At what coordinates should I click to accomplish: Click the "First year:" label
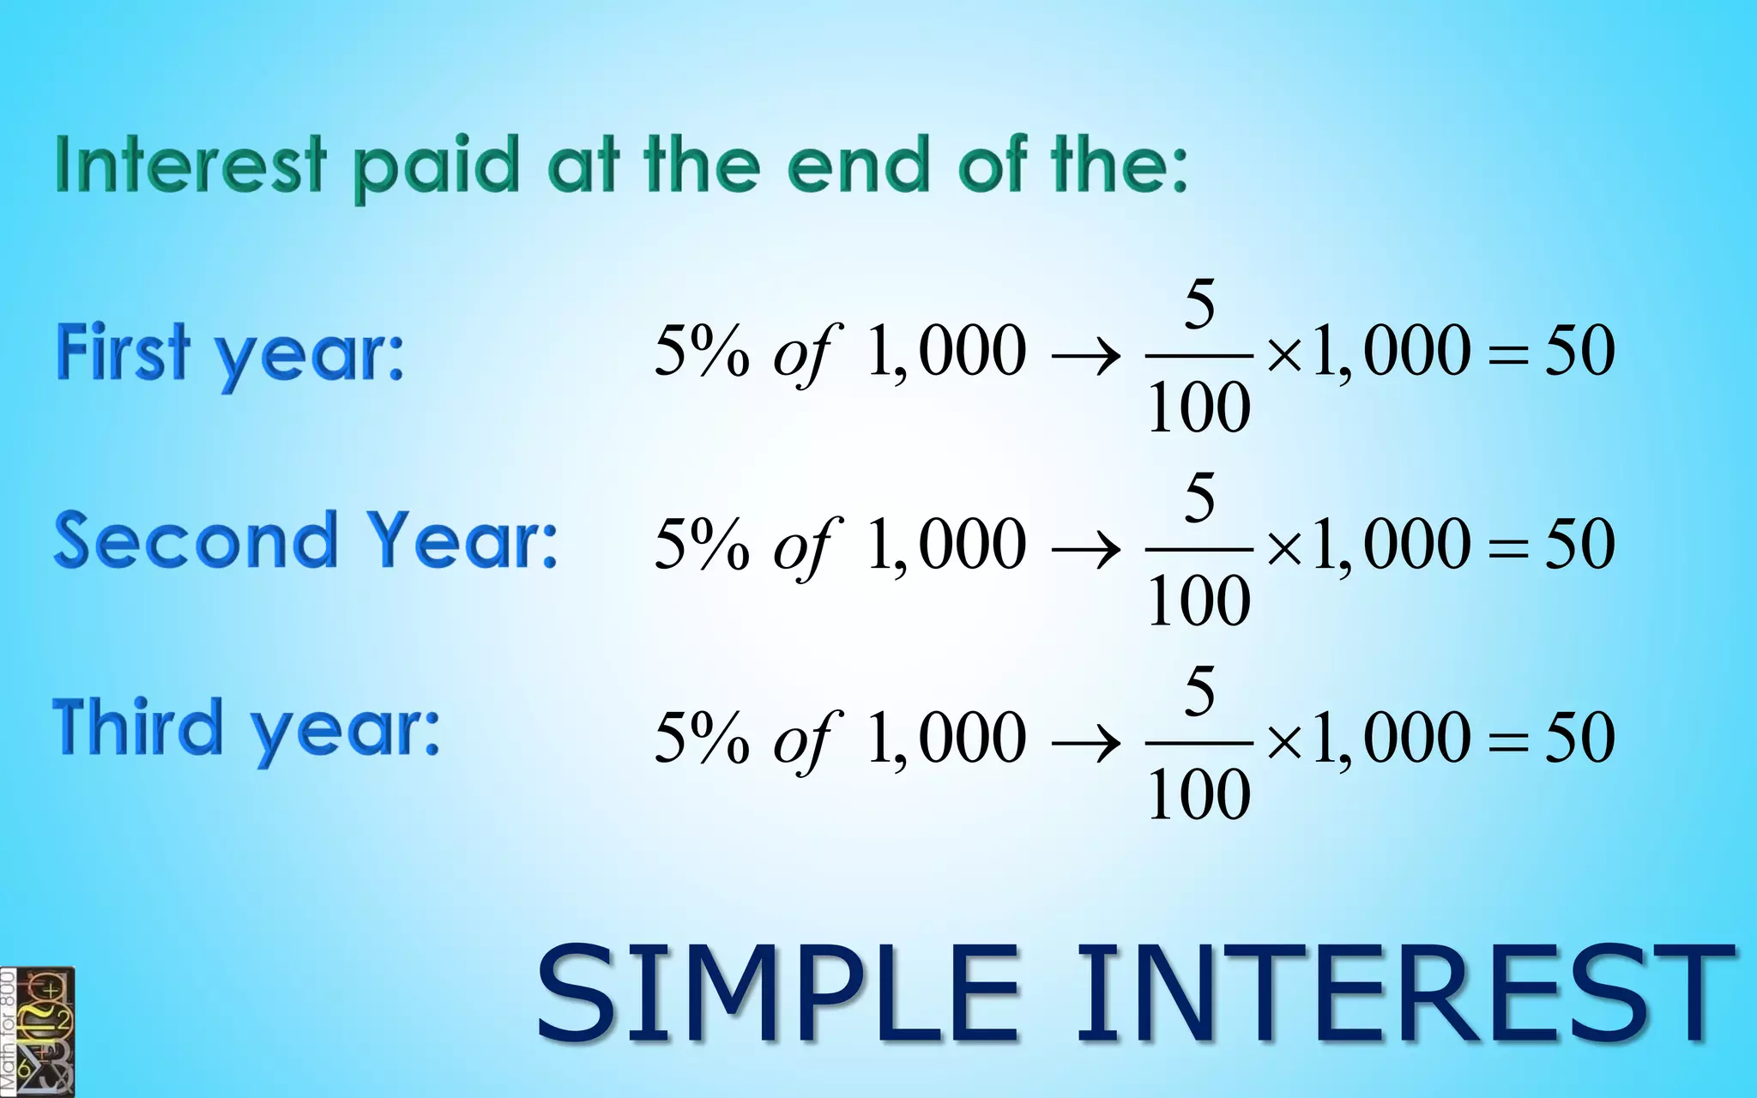[230, 353]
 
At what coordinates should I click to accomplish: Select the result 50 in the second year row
[1579, 544]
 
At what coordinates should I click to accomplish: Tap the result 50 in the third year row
[1579, 737]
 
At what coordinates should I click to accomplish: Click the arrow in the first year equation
[1086, 354]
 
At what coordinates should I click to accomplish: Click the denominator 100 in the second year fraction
[1199, 600]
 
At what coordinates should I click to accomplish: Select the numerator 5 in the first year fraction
[1199, 304]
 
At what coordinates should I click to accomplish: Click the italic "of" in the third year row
[805, 739]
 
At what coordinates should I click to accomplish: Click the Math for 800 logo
[38, 1032]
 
